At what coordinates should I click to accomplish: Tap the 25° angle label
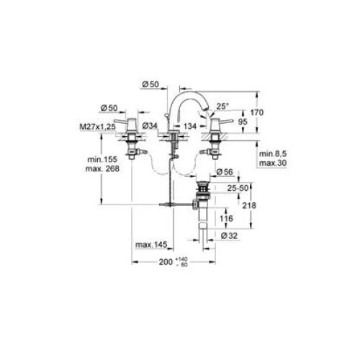(222, 106)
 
